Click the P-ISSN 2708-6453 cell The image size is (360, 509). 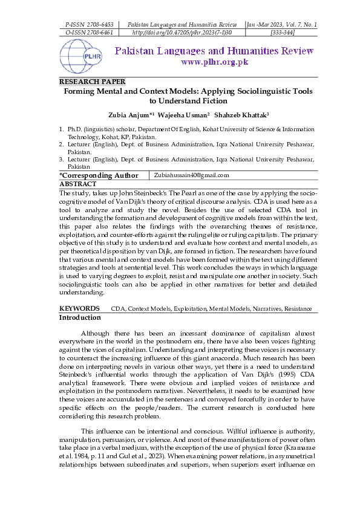pos(89,24)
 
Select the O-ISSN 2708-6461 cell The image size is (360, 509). pos(89,32)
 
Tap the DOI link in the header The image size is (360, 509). pos(182,32)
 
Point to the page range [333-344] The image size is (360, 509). pos(282,32)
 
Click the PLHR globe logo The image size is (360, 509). pos(79,56)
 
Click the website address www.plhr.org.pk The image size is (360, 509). pos(214,62)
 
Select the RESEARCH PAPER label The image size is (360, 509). pos(92,82)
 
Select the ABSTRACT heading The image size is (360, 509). pos(77,184)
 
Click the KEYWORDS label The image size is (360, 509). pos(79,309)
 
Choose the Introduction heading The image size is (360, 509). pos(80,317)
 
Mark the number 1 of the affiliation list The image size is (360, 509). pos(61,129)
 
